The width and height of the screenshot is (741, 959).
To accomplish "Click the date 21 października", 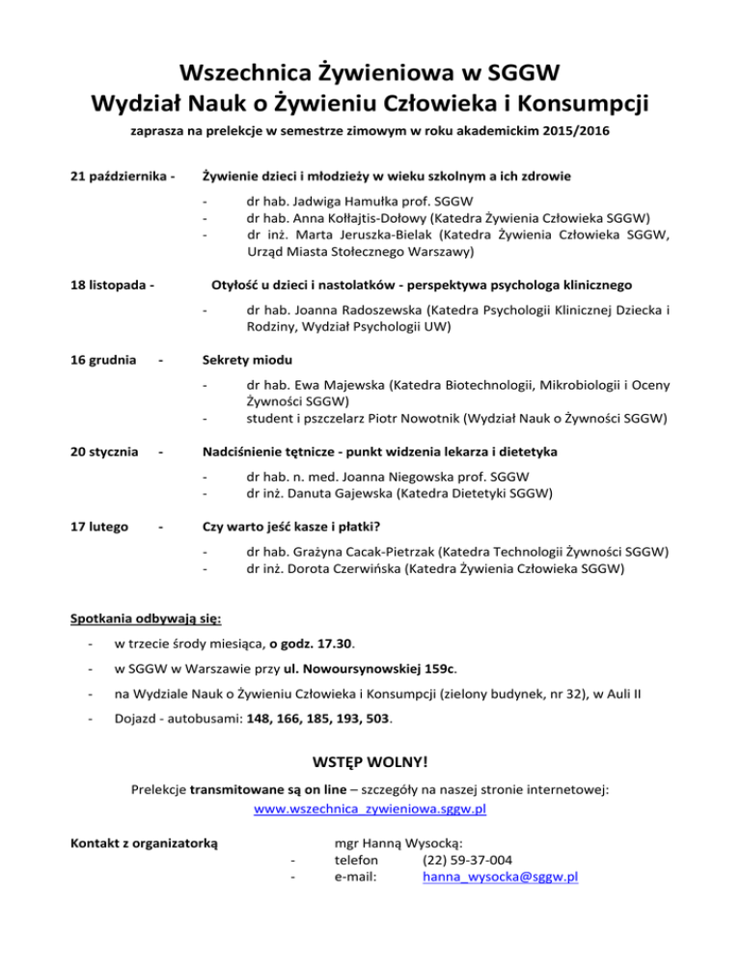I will tap(119, 177).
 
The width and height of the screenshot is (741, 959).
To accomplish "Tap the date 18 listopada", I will tap(108, 285).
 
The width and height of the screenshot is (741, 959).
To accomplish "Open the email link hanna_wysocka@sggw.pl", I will tap(500, 877).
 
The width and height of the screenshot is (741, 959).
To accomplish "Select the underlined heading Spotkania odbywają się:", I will tap(147, 618).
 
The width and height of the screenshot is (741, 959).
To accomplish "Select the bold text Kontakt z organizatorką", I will tap(146, 842).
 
